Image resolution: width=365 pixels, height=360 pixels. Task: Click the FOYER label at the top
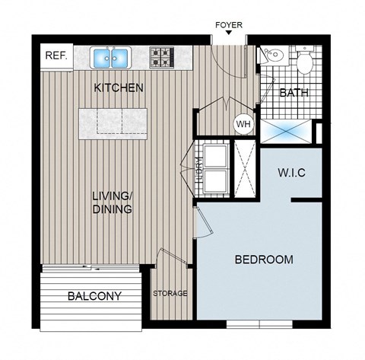coord(228,25)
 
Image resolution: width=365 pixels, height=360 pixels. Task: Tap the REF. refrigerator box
coord(56,56)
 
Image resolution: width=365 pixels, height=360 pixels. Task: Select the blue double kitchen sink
coord(111,57)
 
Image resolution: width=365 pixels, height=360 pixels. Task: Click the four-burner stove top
coord(162,56)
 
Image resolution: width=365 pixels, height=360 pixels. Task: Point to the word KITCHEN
coord(118,88)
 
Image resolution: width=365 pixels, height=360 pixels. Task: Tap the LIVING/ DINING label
coord(113,202)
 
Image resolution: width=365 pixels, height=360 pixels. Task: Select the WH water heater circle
coord(243,124)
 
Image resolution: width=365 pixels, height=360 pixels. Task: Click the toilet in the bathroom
coord(306,61)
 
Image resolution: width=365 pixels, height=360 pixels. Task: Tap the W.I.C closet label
coord(290,172)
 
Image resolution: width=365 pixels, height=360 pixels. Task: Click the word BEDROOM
coord(263,260)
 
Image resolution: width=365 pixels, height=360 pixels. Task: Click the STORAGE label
coord(170,293)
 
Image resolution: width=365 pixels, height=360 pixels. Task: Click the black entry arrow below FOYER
coord(228,37)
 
